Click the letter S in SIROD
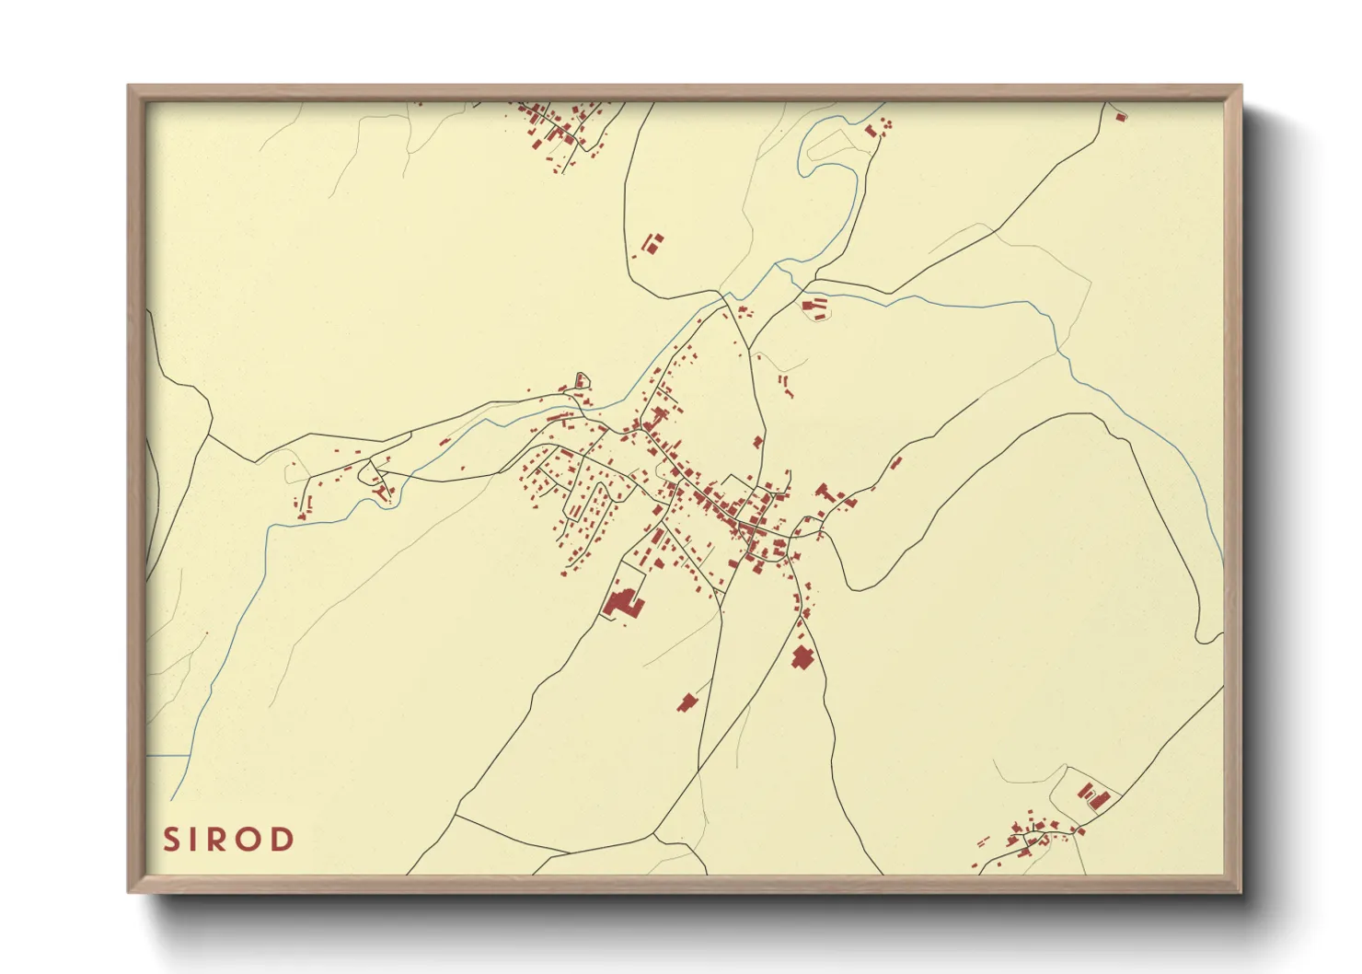(x=171, y=840)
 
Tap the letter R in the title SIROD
(x=227, y=840)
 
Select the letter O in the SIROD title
(x=254, y=840)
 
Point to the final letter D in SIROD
(x=283, y=840)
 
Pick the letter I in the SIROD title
(x=198, y=840)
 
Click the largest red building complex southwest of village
(x=623, y=603)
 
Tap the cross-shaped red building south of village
(x=802, y=657)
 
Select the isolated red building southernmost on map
(x=687, y=703)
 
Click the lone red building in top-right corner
(x=1120, y=117)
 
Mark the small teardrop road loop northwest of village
(x=581, y=380)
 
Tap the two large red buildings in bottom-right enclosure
(x=1091, y=795)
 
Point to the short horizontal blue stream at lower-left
(x=167, y=756)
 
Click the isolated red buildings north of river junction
(x=652, y=244)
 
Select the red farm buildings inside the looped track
(x=814, y=306)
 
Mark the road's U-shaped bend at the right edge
(x=1207, y=635)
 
